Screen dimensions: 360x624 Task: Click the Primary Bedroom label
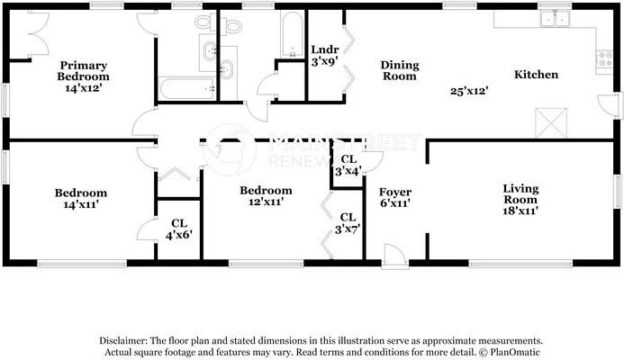[84, 71]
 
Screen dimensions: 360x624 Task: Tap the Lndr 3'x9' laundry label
[324, 56]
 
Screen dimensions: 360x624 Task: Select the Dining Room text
[399, 70]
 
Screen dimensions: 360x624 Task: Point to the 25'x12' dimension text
[469, 91]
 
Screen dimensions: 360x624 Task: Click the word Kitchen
[536, 75]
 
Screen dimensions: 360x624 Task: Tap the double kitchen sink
[554, 17]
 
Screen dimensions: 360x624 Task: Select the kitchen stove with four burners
[604, 58]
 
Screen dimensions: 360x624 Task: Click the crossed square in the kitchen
[550, 122]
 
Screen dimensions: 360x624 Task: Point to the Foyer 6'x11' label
[395, 198]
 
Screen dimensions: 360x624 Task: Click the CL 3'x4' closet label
[348, 165]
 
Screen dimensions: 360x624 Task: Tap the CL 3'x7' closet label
[348, 223]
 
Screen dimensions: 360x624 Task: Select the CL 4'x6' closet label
[178, 229]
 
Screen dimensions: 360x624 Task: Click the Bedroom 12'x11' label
[266, 196]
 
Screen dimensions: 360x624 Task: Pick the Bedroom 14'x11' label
[80, 198]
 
